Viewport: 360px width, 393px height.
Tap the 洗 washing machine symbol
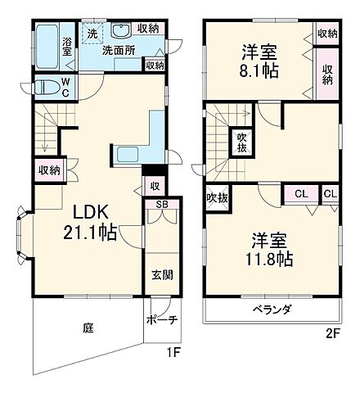pyautogui.click(x=92, y=34)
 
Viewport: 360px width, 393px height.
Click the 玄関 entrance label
pyautogui.click(x=160, y=275)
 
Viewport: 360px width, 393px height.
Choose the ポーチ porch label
pyautogui.click(x=162, y=321)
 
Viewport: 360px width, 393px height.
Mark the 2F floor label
pyautogui.click(x=332, y=333)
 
